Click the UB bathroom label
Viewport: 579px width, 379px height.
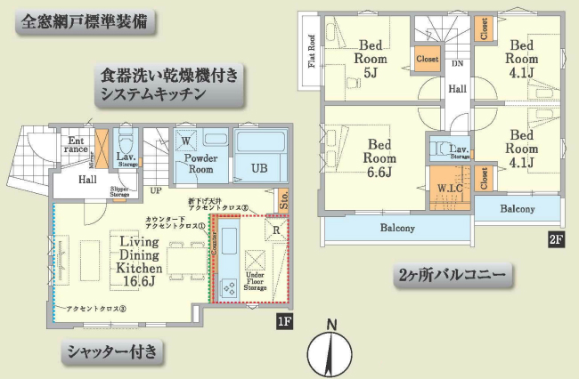click(258, 167)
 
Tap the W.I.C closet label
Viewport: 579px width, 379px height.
click(448, 188)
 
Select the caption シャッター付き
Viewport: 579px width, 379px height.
click(111, 352)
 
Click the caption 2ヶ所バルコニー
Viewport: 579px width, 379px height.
click(455, 278)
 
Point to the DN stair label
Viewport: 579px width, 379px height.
click(457, 64)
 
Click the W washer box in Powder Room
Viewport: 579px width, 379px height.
click(186, 141)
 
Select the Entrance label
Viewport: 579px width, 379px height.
click(76, 144)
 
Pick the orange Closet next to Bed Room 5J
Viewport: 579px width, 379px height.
click(427, 59)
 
